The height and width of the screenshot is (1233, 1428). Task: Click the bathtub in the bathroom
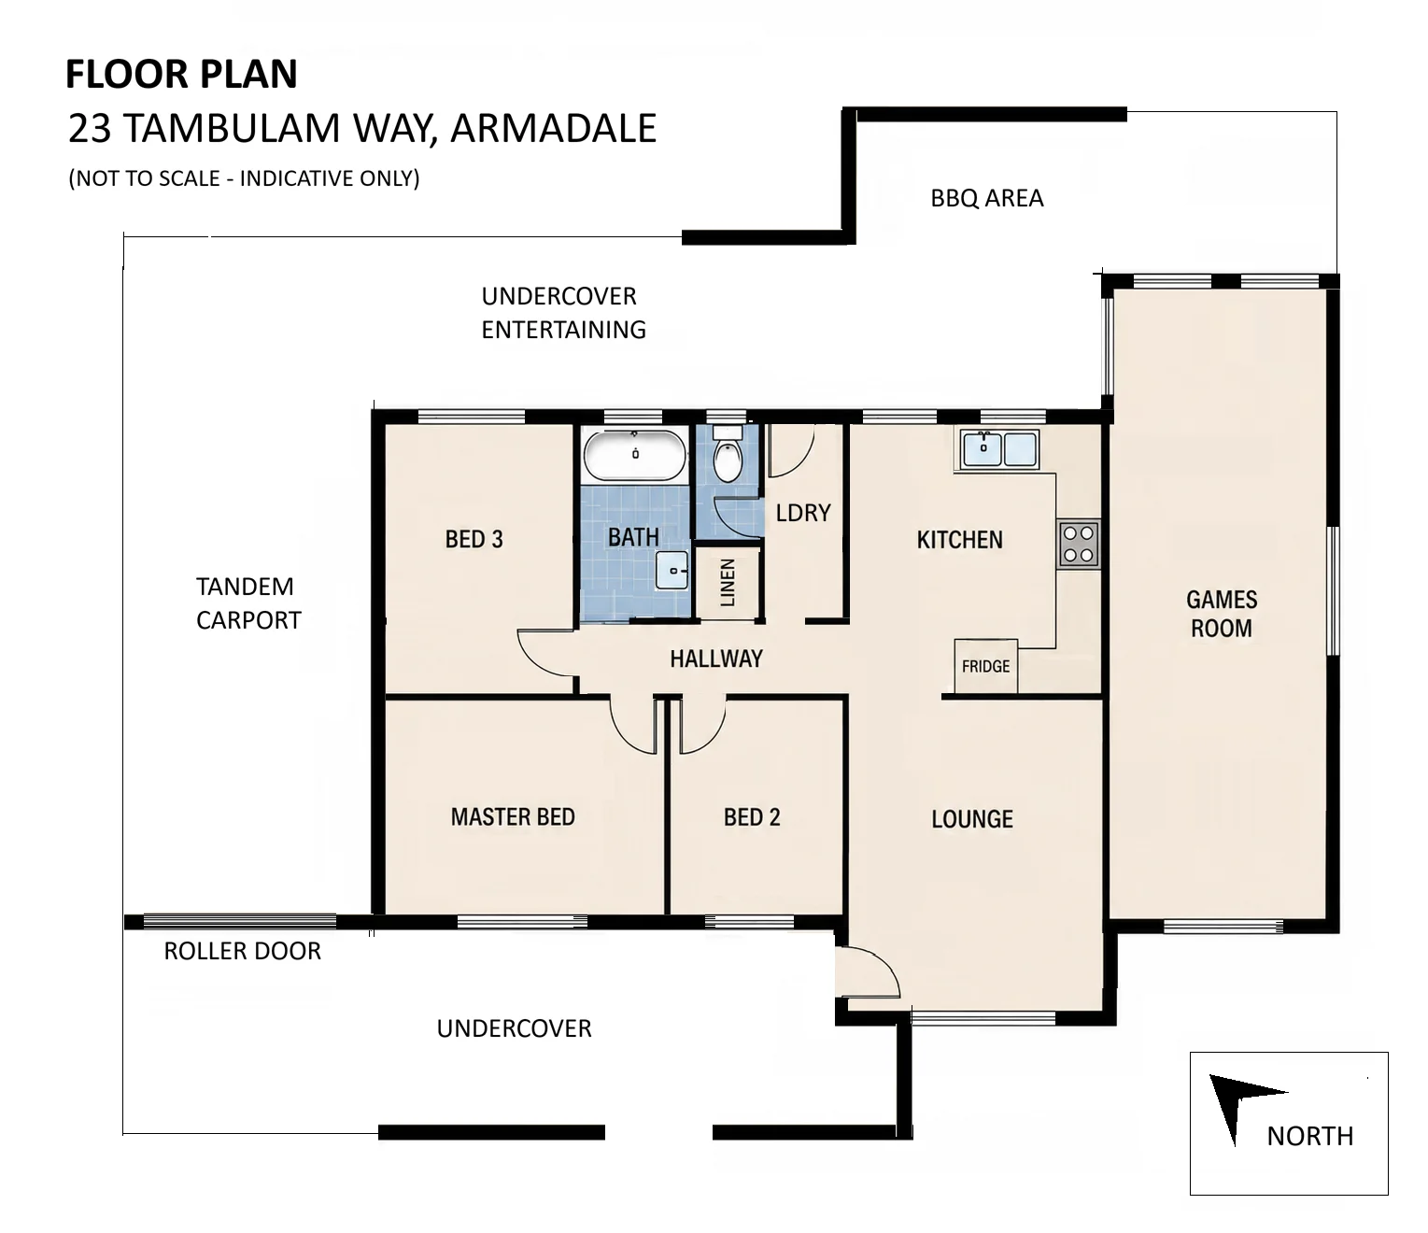[635, 455]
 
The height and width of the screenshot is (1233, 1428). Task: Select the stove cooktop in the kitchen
[1079, 545]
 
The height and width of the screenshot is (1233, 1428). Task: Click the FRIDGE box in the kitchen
[986, 666]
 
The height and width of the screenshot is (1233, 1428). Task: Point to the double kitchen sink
[997, 449]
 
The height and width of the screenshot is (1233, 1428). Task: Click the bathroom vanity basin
[672, 570]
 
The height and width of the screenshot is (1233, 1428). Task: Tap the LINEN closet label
[728, 583]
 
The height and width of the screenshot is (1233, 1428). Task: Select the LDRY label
[803, 513]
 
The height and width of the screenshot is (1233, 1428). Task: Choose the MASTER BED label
[513, 817]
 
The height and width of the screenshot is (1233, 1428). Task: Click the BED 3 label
[474, 539]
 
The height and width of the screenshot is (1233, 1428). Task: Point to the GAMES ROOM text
[1222, 614]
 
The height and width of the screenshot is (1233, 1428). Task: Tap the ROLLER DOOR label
[243, 951]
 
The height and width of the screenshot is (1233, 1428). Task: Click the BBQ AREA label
[986, 198]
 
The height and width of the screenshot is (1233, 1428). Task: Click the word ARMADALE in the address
[554, 128]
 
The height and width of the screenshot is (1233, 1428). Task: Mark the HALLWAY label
[716, 659]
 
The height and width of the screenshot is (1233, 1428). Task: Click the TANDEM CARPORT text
[248, 603]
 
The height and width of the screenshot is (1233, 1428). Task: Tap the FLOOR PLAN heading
[181, 74]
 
